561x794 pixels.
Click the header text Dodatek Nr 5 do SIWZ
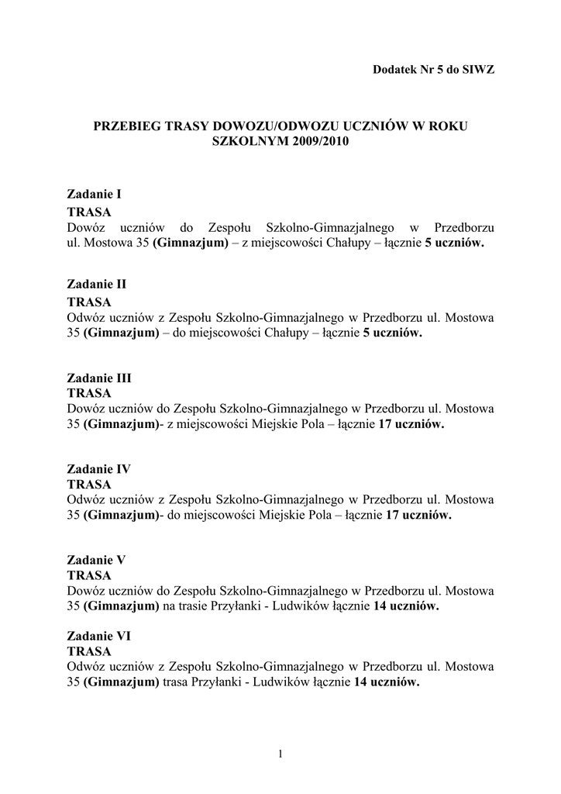433,68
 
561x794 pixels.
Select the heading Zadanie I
94,195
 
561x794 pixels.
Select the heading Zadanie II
96,285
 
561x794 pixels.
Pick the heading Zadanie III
99,378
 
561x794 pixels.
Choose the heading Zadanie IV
98,469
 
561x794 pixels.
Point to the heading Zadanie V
96,559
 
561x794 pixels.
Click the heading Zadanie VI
98,635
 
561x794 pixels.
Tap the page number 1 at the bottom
280,752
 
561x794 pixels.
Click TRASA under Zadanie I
89,212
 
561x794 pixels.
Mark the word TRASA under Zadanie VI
89,651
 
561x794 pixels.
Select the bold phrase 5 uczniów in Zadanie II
392,333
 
